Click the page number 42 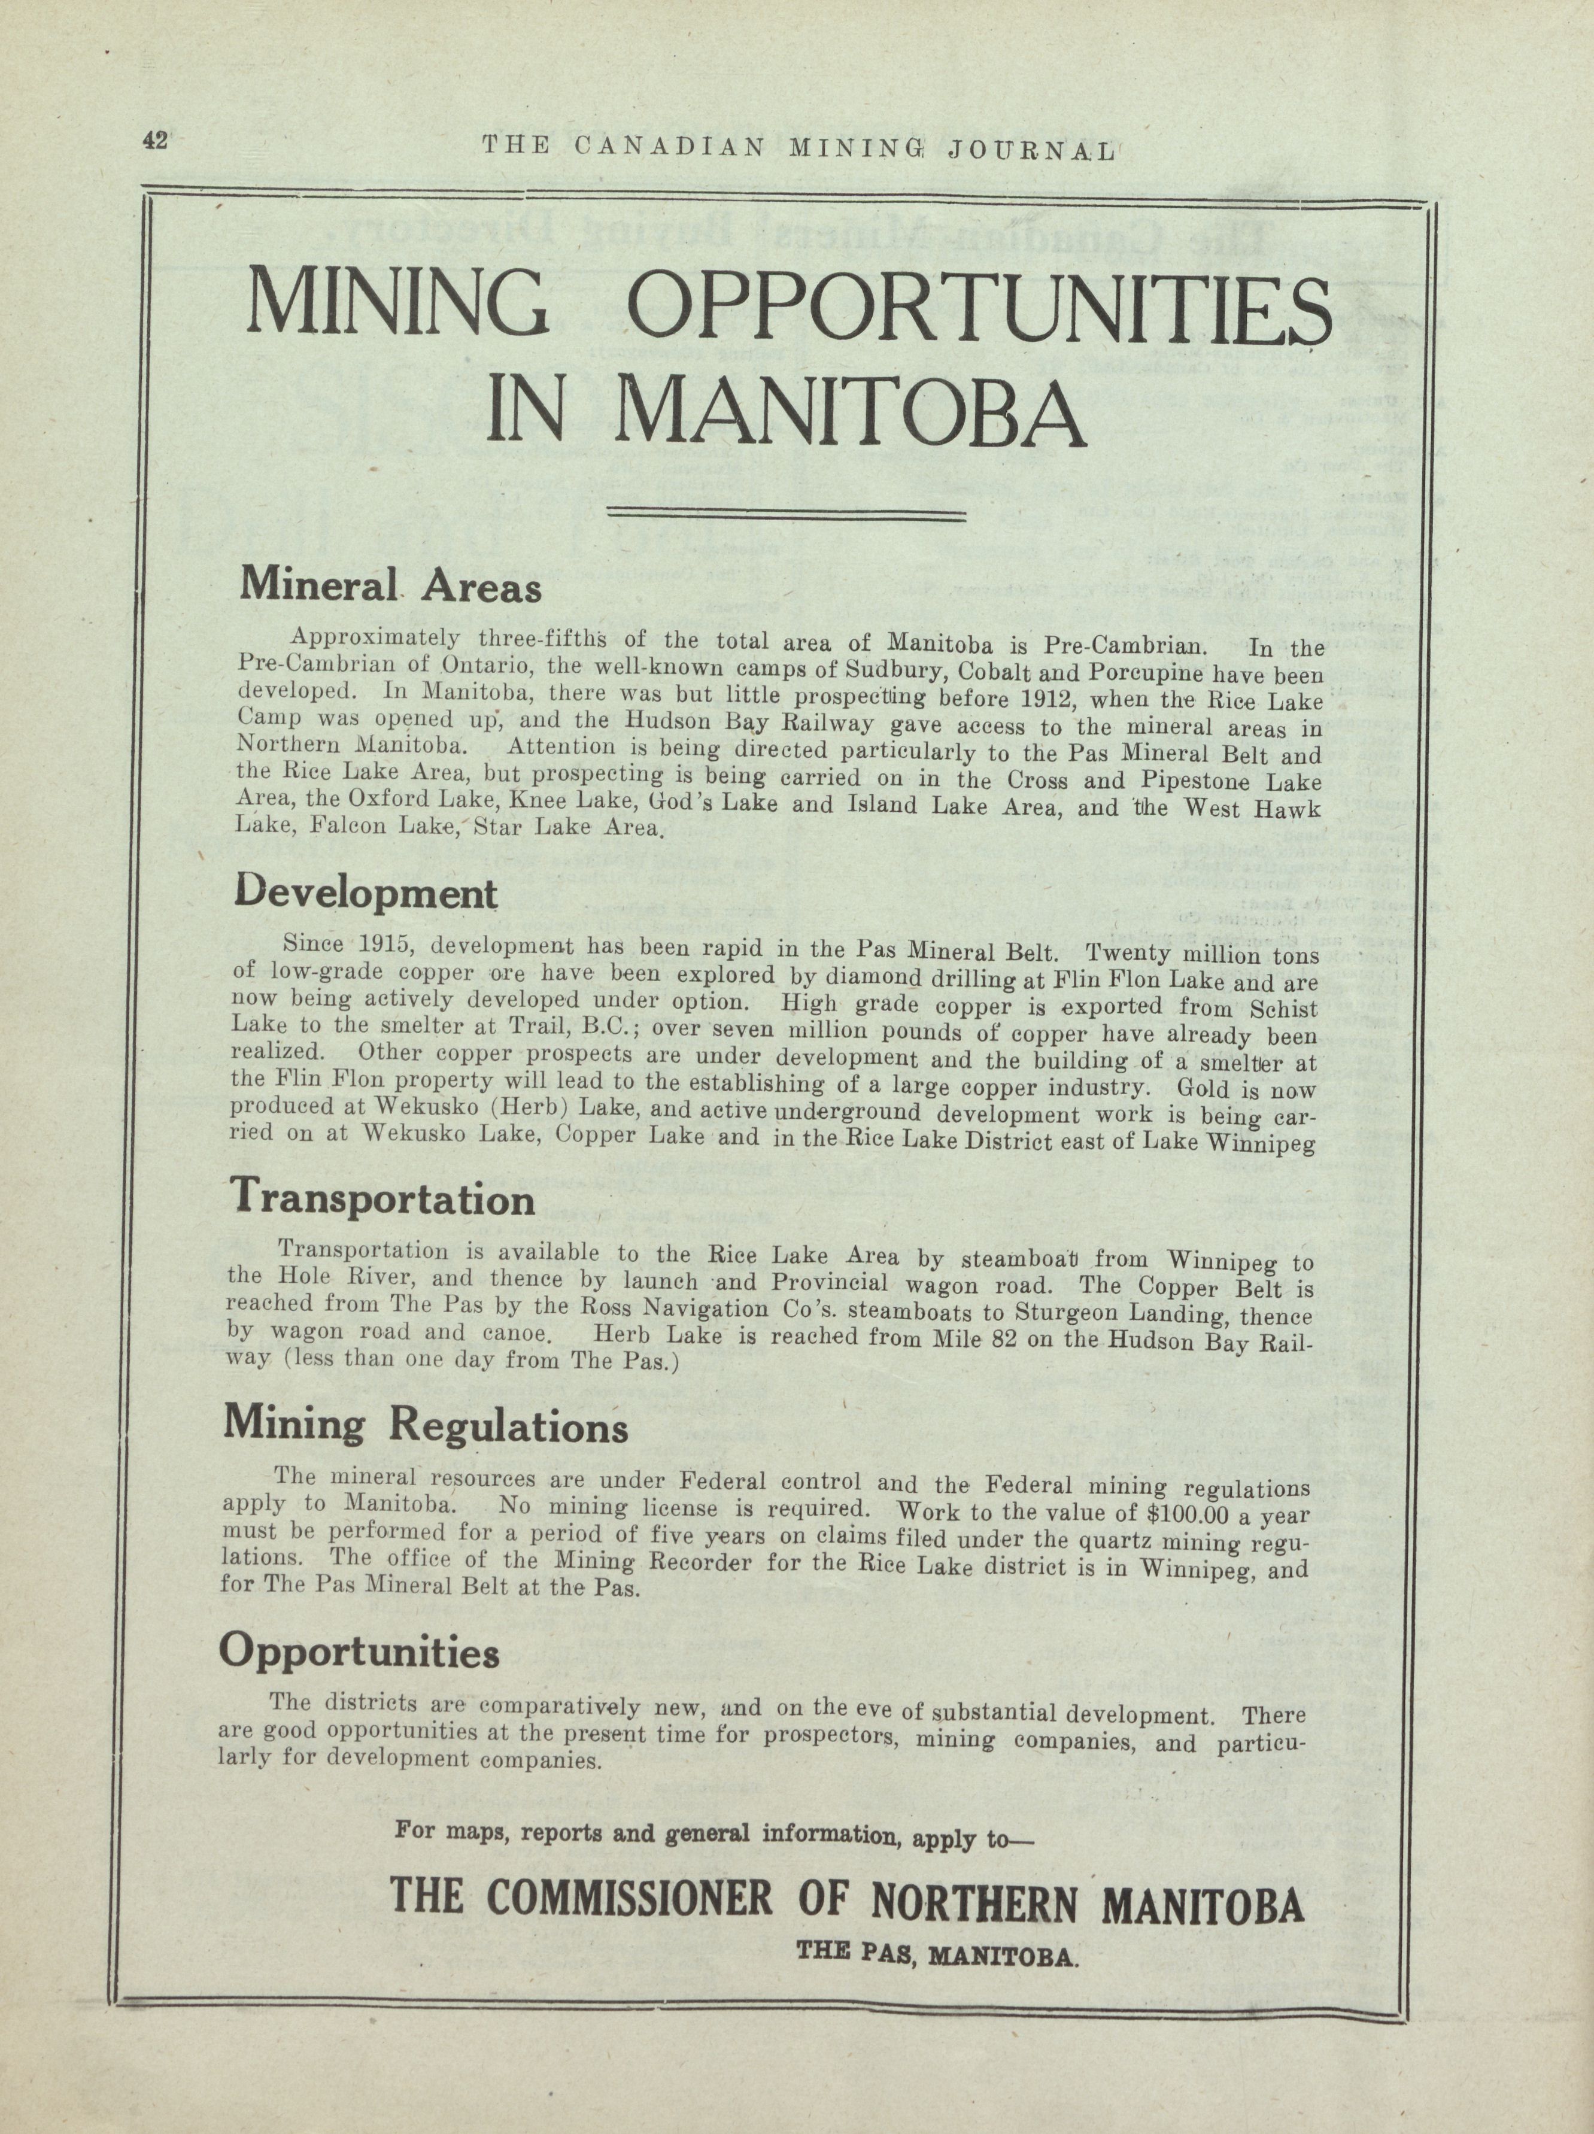point(154,140)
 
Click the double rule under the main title point(785,516)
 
